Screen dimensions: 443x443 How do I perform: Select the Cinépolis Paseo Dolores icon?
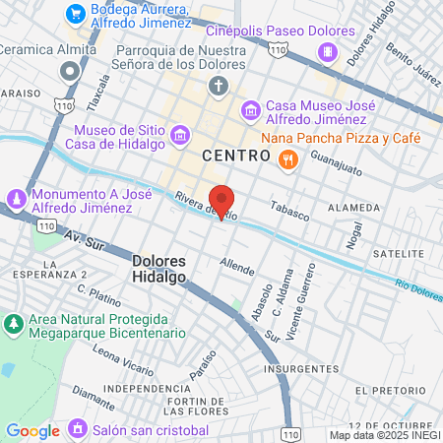(x=332, y=51)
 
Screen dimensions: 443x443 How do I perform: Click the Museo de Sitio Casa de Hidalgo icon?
(x=179, y=133)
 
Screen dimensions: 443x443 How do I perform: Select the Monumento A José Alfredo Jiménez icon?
(x=16, y=201)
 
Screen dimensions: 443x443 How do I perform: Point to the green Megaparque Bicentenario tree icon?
(x=14, y=324)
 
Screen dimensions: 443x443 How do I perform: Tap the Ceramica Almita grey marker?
(x=69, y=71)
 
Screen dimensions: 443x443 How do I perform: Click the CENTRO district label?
(x=235, y=156)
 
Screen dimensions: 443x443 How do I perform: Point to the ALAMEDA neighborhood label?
(x=353, y=208)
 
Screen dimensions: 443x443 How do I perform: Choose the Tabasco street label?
(x=290, y=211)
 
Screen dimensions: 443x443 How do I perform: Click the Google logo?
(x=32, y=430)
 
